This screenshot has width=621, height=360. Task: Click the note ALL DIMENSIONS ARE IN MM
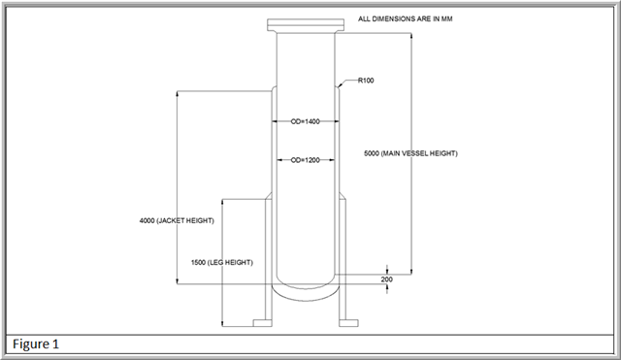click(x=406, y=18)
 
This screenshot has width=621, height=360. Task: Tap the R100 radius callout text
click(x=366, y=81)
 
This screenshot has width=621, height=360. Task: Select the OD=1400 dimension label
click(x=305, y=121)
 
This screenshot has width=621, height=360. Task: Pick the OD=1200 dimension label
click(x=305, y=160)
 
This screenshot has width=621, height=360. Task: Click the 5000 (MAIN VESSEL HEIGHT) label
click(x=410, y=153)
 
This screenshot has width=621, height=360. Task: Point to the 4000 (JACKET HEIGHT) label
click(x=177, y=220)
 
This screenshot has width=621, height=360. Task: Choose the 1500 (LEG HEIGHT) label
click(x=222, y=262)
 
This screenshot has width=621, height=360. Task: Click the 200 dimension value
click(x=386, y=279)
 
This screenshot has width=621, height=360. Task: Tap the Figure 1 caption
click(x=36, y=344)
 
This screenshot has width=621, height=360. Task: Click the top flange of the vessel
click(x=306, y=25)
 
